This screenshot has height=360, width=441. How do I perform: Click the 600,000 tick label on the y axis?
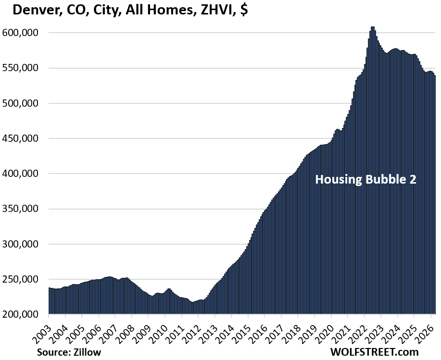[25, 33]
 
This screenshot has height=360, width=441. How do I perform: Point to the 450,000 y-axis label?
[25, 138]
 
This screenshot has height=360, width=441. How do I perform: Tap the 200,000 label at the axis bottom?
[25, 314]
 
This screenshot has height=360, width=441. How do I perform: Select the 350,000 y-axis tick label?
[25, 209]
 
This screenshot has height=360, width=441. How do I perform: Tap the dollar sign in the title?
[244, 10]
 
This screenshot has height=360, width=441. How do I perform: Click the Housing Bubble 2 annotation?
[365, 180]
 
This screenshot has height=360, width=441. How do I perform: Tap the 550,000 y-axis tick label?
[25, 68]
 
